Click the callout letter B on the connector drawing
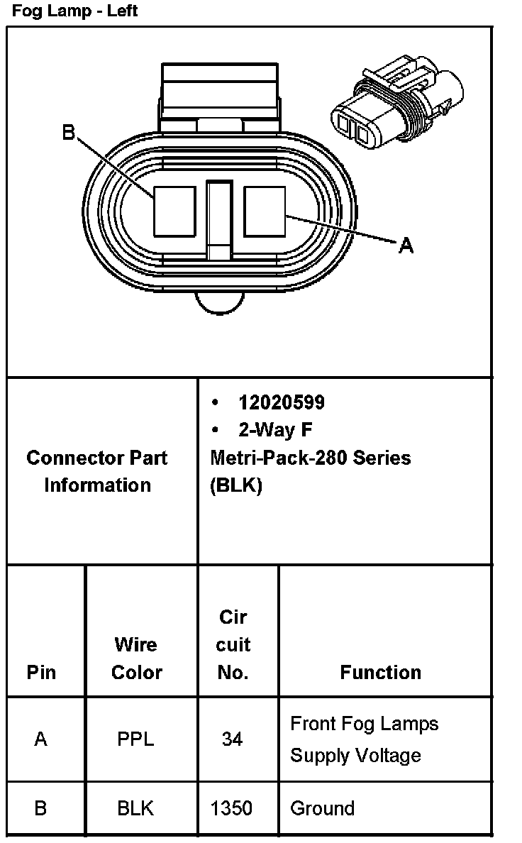coord(69,133)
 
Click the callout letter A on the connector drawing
coord(406,246)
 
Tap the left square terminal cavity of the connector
coord(174,211)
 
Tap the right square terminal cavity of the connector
coord(265,211)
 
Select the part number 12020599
coord(282,402)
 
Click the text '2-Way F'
coord(274,430)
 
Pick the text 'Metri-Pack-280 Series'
coord(310,458)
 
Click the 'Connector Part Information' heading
coord(97,471)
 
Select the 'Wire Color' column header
coord(136,658)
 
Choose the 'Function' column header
coord(380,672)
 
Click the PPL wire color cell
coord(135,739)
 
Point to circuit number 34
coord(232,739)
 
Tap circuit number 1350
coord(232,808)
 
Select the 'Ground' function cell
coord(322,808)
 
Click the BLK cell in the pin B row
coord(135,808)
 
